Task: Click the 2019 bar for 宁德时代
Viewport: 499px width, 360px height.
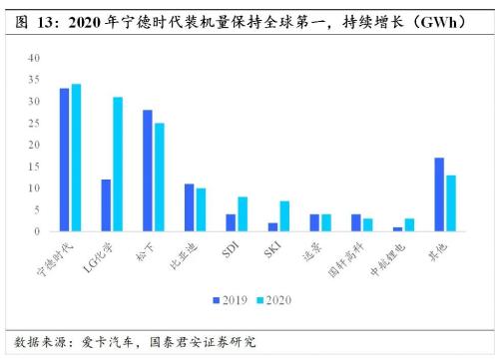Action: pos(64,160)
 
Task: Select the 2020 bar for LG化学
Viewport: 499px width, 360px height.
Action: pos(118,165)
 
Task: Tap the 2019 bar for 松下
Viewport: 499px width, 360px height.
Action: pos(148,171)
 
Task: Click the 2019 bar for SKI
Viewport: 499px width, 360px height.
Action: pos(272,227)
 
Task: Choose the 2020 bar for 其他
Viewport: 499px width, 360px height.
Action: pos(451,203)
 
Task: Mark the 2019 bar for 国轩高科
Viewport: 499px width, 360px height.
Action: pos(356,222)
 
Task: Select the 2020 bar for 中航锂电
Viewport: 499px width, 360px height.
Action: pos(408,225)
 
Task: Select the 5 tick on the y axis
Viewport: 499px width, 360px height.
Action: pos(36,210)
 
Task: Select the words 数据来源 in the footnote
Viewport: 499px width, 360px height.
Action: pos(32,342)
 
